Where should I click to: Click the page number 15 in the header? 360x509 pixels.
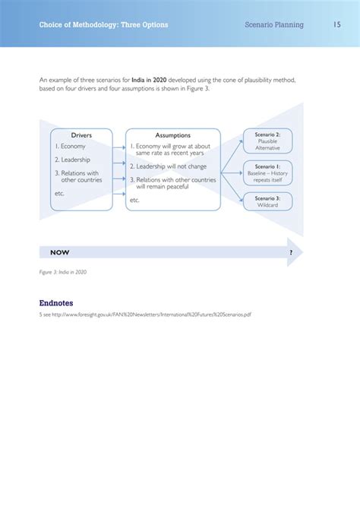point(336,25)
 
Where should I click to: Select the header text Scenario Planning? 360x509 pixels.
point(274,25)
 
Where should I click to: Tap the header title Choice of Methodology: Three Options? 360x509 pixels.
point(104,25)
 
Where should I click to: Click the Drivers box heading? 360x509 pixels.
point(81,135)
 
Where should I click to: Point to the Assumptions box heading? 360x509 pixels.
point(172,135)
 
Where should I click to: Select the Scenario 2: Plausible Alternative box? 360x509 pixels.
point(267,141)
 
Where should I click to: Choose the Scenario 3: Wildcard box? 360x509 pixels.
point(267,201)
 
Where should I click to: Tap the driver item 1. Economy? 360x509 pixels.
point(70,146)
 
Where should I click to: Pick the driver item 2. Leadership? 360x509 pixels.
point(72,160)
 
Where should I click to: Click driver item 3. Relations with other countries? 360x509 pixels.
point(77,176)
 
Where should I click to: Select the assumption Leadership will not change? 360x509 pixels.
point(168,166)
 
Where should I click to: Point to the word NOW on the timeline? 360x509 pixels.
point(60,251)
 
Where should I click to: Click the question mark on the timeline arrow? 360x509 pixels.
point(291,251)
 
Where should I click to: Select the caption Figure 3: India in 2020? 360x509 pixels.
point(63,271)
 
